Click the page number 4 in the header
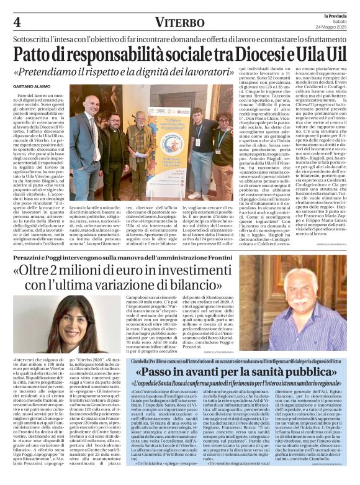pyautogui.click(x=16, y=22)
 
